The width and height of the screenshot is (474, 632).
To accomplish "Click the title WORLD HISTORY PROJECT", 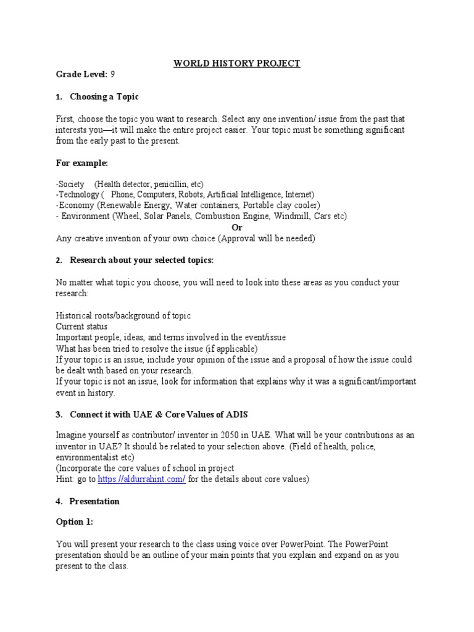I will [x=237, y=64].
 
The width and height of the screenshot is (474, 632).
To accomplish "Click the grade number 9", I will [x=113, y=75].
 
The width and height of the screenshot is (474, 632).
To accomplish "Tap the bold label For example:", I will [x=81, y=163].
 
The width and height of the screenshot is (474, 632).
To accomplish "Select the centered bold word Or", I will [x=236, y=227].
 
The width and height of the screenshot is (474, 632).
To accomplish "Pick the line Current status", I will [x=82, y=326].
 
